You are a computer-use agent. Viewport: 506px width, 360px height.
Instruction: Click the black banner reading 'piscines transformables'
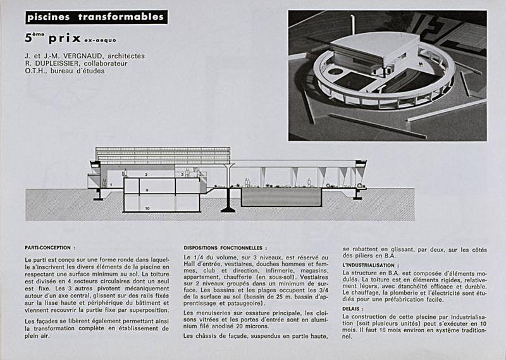tap(96, 17)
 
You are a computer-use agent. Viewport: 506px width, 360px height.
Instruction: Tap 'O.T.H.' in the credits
tap(37, 71)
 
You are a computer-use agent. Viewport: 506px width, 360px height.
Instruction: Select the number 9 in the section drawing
tap(146, 190)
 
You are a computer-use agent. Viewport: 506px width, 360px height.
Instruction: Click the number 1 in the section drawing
tap(111, 184)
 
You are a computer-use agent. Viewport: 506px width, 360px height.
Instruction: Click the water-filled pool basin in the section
tap(281, 197)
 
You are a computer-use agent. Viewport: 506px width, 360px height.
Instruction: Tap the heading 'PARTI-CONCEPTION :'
tap(50, 248)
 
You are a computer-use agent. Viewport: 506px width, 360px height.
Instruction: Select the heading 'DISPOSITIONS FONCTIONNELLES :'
tap(225, 248)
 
